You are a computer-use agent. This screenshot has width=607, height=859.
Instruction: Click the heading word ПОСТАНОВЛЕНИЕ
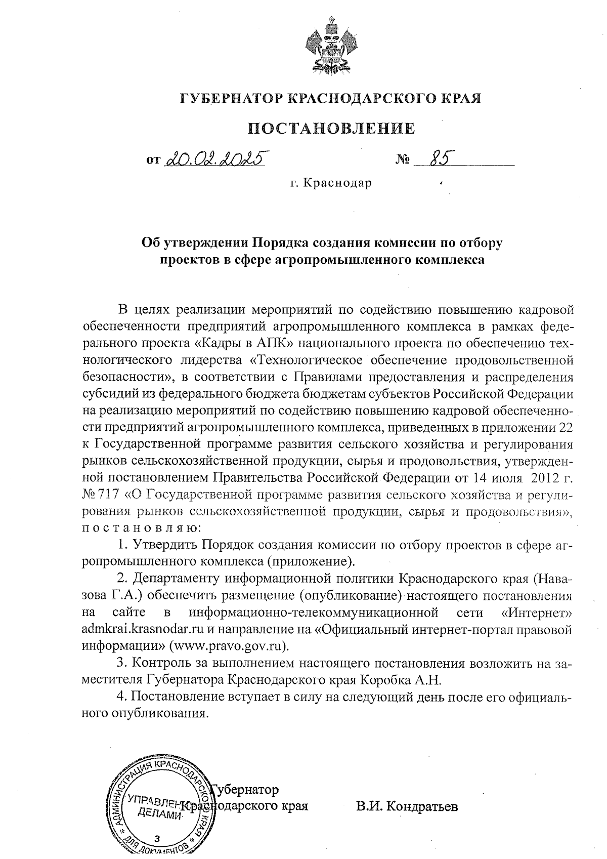(x=331, y=129)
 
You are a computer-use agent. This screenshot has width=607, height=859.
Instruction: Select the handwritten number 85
(x=438, y=159)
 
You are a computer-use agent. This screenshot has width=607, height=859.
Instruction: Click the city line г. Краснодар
(x=331, y=183)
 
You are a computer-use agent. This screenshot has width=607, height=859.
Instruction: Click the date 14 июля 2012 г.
(x=523, y=477)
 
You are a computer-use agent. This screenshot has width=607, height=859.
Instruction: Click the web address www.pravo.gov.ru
(x=228, y=646)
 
